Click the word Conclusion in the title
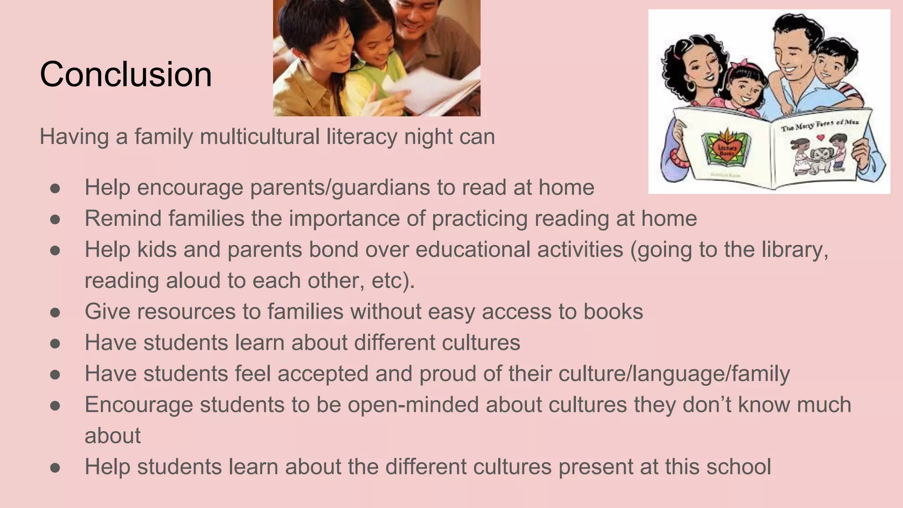coord(126,74)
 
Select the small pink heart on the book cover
coord(820,137)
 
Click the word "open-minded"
coord(413,405)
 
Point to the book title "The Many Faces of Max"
coord(820,124)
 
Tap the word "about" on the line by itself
coord(112,436)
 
